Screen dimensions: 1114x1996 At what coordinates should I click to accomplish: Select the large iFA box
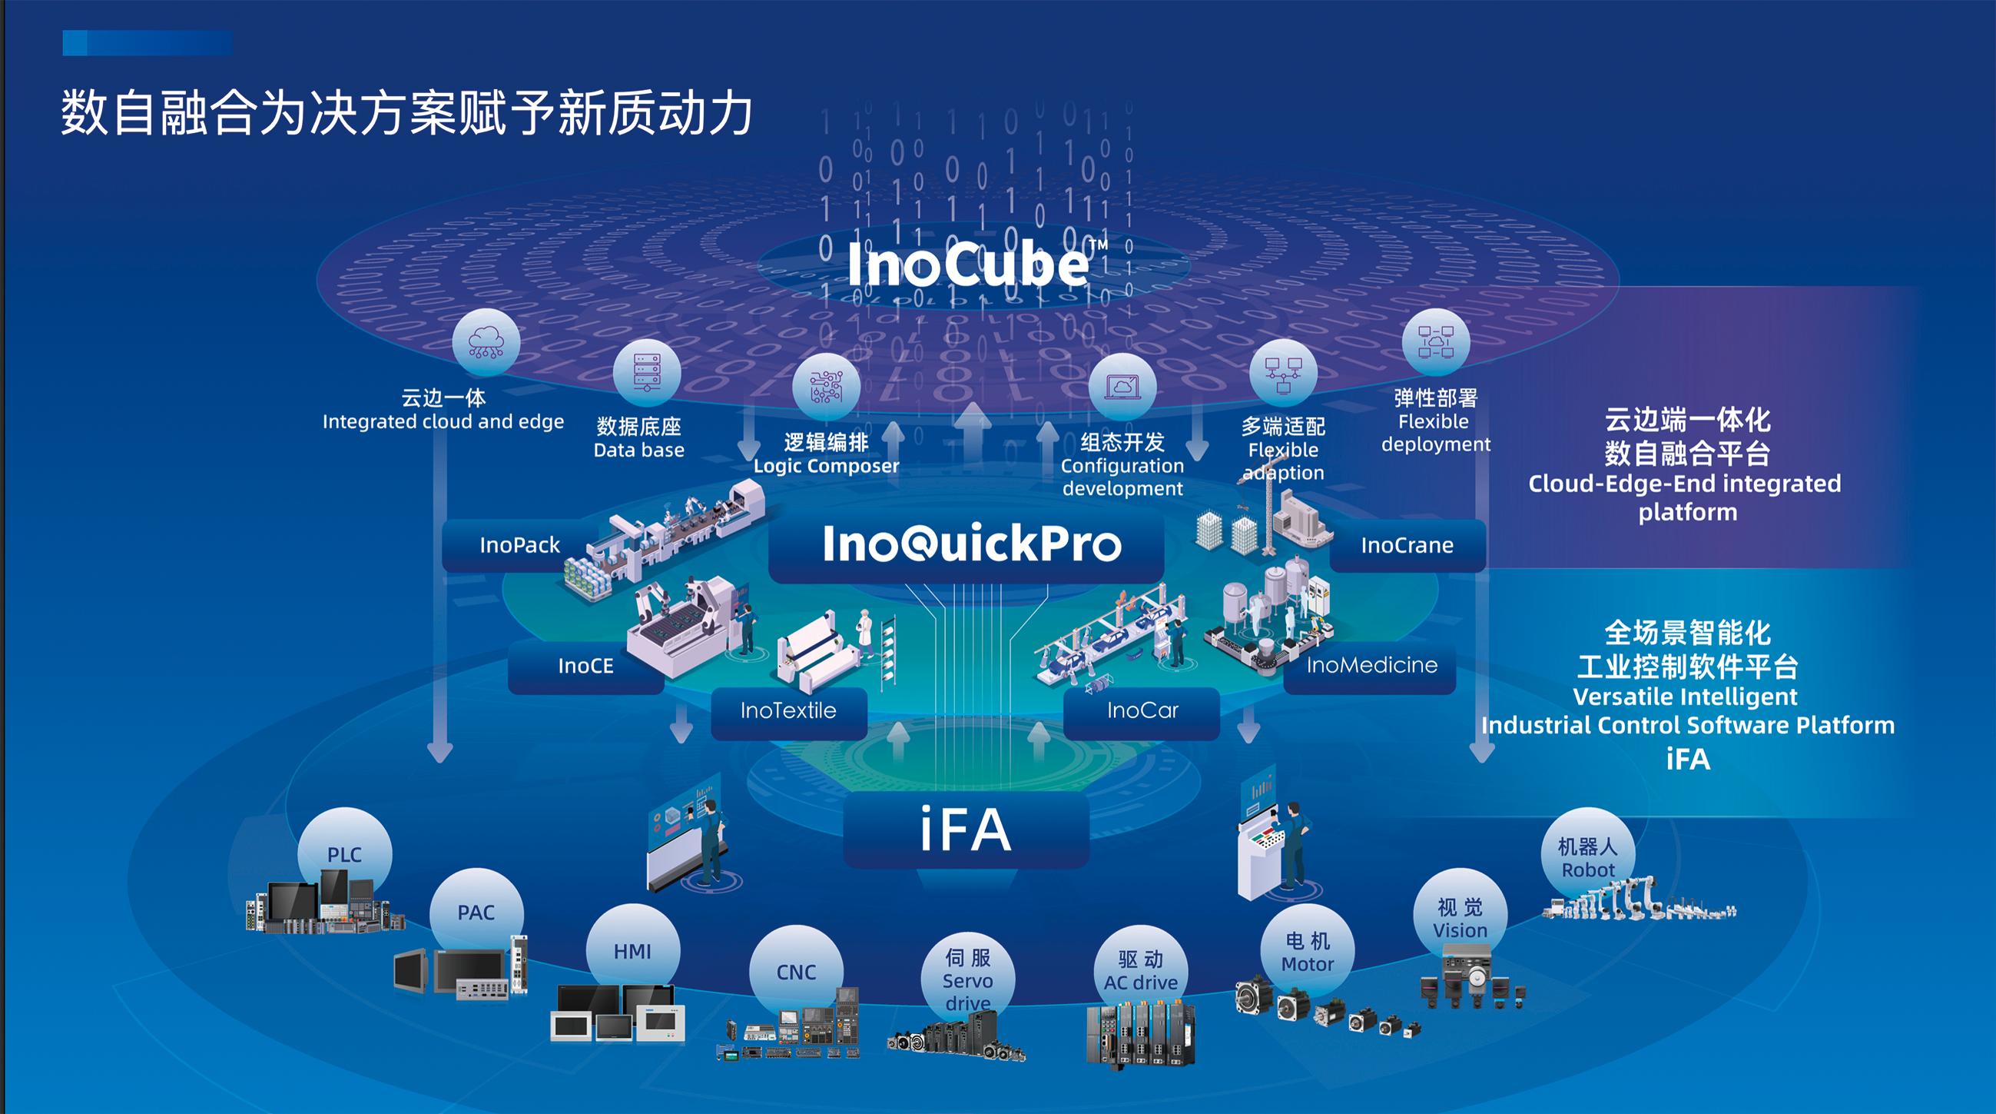point(967,830)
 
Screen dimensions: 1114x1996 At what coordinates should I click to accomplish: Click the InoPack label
point(519,545)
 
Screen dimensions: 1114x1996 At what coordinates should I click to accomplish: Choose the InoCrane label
point(1407,545)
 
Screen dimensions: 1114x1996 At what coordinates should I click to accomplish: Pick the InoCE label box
point(585,666)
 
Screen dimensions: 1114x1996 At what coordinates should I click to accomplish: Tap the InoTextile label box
point(788,711)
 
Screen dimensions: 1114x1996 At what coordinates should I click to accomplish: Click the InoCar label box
point(1142,711)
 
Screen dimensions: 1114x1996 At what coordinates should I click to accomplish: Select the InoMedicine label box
point(1371,665)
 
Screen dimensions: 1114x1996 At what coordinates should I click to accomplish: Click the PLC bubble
point(344,853)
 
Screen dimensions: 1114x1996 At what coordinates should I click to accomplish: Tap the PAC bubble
point(476,912)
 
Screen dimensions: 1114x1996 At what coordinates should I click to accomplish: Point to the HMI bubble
point(632,950)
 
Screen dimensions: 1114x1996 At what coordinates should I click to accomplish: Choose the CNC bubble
point(796,971)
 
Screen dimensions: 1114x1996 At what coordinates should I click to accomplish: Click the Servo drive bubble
point(967,980)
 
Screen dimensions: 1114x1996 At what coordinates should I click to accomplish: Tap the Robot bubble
point(1587,857)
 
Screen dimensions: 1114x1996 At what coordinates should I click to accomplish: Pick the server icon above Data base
point(646,374)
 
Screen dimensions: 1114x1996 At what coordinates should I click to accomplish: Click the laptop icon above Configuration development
point(1122,386)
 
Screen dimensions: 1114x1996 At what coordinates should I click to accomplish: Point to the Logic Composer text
point(826,466)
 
